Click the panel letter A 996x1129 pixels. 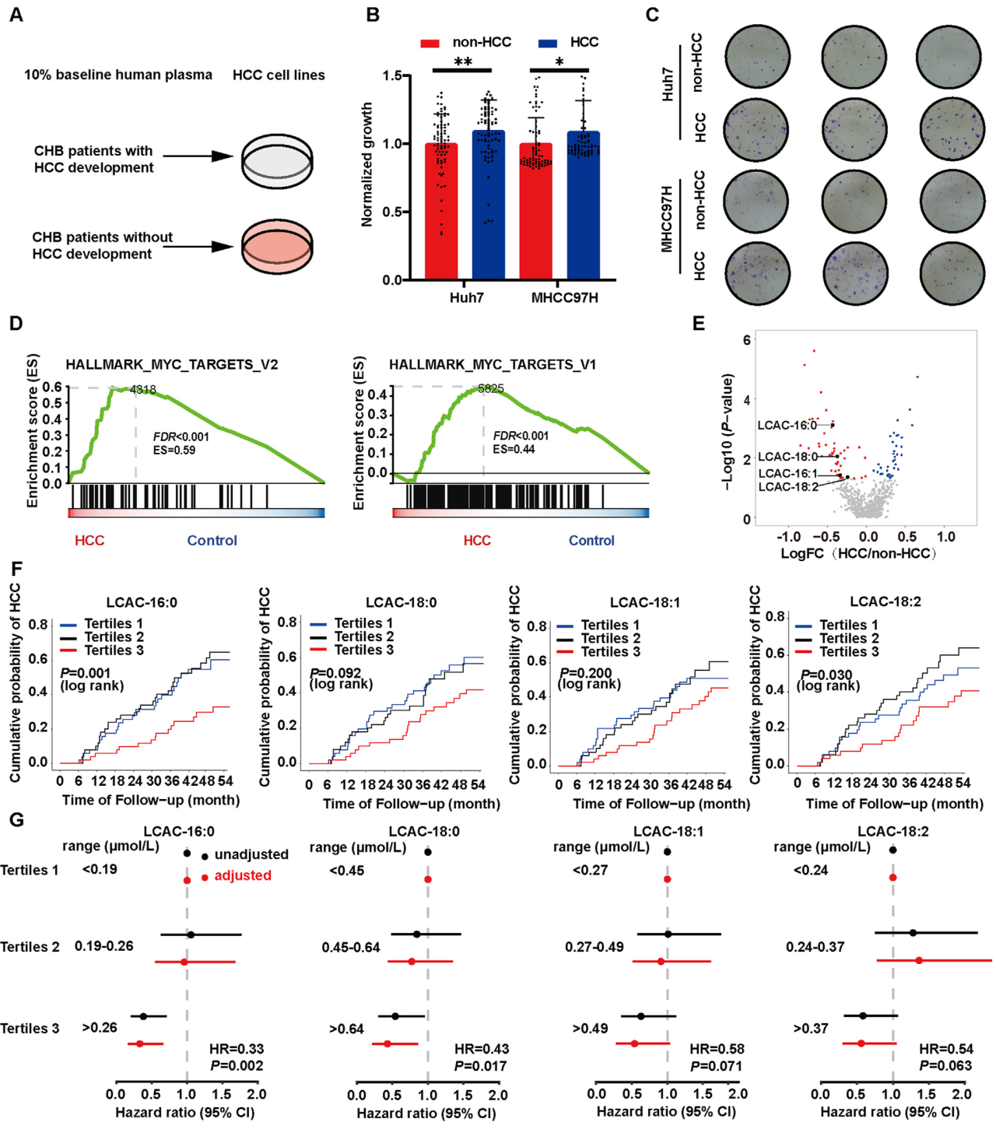pyautogui.click(x=16, y=15)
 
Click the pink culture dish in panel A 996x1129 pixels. pyautogui.click(x=277, y=247)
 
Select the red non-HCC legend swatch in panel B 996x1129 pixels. pyautogui.click(x=430, y=43)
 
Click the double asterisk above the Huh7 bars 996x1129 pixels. pyautogui.click(x=463, y=61)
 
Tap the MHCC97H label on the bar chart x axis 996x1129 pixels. pyautogui.click(x=564, y=298)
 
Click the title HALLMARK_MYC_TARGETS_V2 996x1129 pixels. pyautogui.click(x=171, y=364)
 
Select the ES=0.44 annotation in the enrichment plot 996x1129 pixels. pyautogui.click(x=514, y=449)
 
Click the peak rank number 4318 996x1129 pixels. pyautogui.click(x=142, y=390)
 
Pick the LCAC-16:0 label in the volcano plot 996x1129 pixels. pyautogui.click(x=787, y=425)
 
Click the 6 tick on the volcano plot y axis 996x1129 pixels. pyautogui.click(x=747, y=340)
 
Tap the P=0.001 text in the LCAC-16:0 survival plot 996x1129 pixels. pyautogui.click(x=86, y=672)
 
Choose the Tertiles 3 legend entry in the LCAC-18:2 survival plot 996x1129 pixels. pyautogui.click(x=848, y=652)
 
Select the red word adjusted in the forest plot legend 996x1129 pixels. pyautogui.click(x=243, y=875)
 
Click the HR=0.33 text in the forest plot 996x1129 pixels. pyautogui.click(x=237, y=1049)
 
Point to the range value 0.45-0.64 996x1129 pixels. pyautogui.click(x=351, y=947)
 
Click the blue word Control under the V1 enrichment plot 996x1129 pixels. pyautogui.click(x=591, y=540)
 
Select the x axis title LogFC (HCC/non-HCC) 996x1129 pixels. pyautogui.click(x=857, y=553)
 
